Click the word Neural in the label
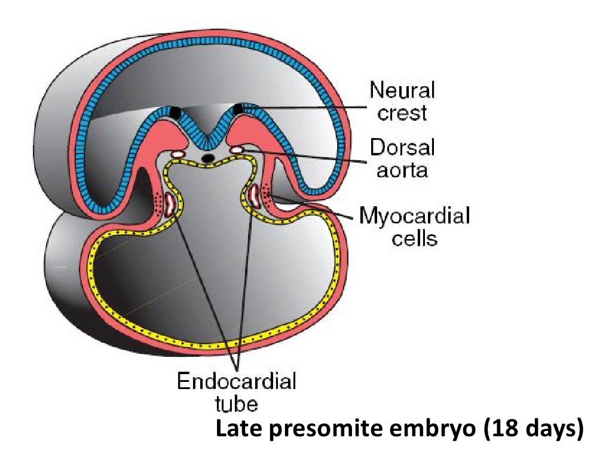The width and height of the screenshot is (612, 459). (x=402, y=91)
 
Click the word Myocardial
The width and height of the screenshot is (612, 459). (x=414, y=216)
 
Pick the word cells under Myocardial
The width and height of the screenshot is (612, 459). (x=414, y=238)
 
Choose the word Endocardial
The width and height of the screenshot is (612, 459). (x=237, y=381)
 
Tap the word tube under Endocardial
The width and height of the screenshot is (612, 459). (x=237, y=403)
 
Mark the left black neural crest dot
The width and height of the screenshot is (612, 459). (x=175, y=112)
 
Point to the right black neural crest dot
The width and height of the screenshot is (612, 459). (x=239, y=109)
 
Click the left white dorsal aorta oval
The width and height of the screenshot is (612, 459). (x=178, y=155)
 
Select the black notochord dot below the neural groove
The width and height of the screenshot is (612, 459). (x=207, y=158)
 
